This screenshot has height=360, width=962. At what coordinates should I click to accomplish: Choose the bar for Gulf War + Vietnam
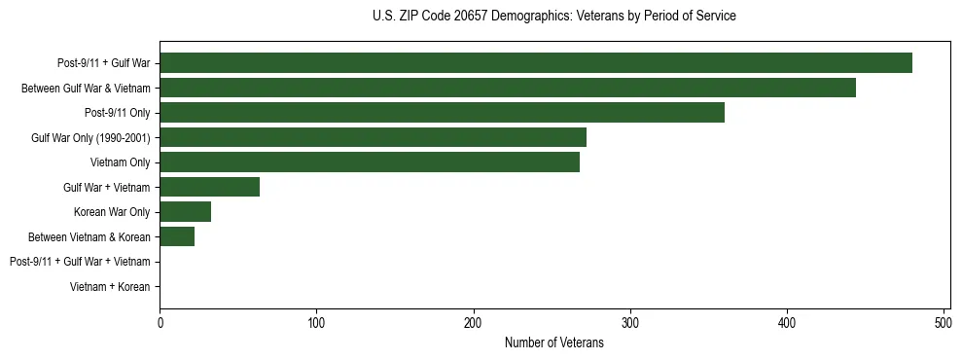tap(209, 187)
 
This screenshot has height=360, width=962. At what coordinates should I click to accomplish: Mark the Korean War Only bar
tap(185, 212)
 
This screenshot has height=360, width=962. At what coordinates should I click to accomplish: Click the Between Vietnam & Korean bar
tap(177, 236)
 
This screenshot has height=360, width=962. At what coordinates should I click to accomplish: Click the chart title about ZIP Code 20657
tap(553, 17)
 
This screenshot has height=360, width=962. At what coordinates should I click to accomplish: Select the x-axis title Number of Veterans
tap(554, 342)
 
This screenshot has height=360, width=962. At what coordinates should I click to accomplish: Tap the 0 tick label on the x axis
tap(160, 321)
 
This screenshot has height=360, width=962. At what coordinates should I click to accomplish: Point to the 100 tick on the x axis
tap(316, 321)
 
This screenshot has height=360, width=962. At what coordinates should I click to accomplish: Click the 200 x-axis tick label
tap(474, 321)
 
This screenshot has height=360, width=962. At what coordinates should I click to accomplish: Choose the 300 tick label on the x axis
tap(630, 321)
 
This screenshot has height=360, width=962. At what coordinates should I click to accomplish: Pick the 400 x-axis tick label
tap(787, 321)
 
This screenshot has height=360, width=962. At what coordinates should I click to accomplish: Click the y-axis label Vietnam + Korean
tap(110, 287)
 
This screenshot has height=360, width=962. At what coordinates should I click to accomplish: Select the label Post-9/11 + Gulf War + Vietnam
tap(80, 262)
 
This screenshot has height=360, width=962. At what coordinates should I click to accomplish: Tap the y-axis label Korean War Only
tap(112, 212)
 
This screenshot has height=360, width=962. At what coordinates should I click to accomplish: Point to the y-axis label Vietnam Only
tap(120, 162)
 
